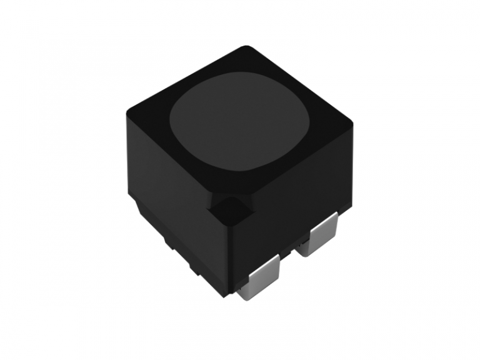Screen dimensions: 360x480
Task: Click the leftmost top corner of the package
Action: tap(127, 112)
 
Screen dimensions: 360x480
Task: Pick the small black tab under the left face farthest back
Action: tap(141, 209)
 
